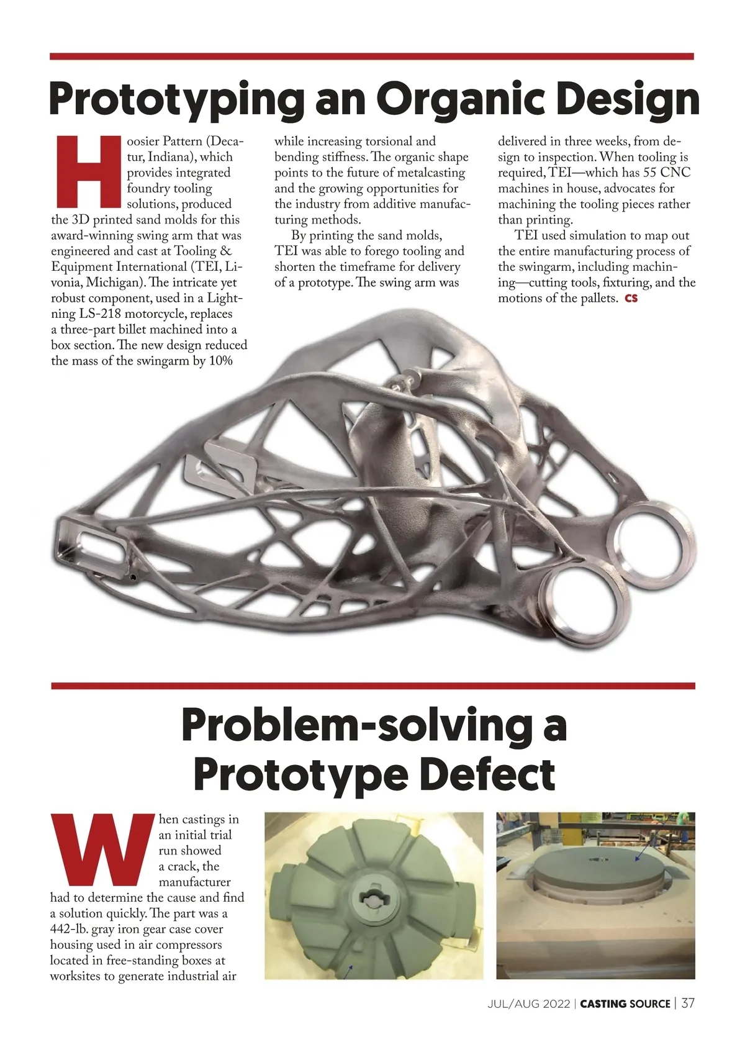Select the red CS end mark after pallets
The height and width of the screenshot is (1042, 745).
(x=631, y=299)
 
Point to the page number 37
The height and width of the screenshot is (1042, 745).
(x=688, y=1003)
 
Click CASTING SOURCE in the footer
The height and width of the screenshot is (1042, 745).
(x=625, y=1003)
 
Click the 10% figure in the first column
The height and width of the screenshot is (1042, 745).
(x=220, y=361)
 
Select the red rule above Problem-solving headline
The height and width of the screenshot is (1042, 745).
(x=372, y=686)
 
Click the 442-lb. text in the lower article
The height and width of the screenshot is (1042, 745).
(x=69, y=930)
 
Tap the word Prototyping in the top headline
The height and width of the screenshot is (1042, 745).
(x=176, y=99)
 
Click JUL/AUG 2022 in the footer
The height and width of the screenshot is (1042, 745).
(x=528, y=1003)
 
